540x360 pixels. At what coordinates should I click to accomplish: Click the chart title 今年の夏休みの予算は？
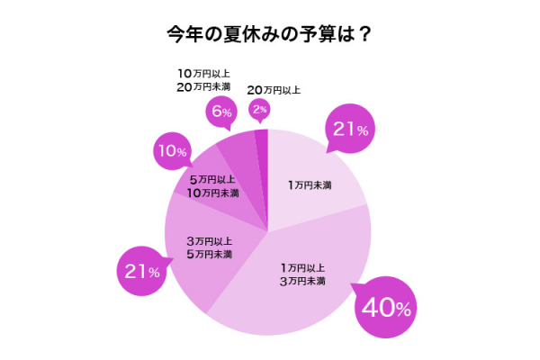[x=269, y=34]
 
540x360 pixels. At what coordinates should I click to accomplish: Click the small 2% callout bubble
[x=259, y=110]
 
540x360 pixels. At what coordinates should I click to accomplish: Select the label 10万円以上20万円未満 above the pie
[x=203, y=79]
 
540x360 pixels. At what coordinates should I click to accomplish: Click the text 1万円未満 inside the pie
[x=310, y=185]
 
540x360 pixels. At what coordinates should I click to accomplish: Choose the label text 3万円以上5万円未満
[x=210, y=247]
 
